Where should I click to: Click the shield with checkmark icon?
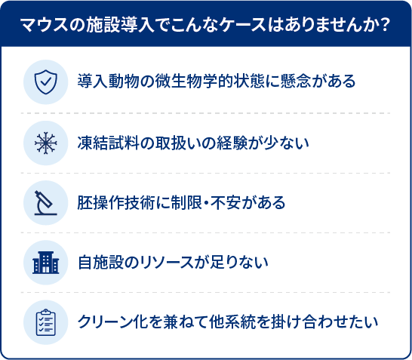pyautogui.click(x=46, y=82)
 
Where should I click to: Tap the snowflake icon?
pyautogui.click(x=46, y=143)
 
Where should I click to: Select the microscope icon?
pyautogui.click(x=46, y=203)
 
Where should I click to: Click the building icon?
pyautogui.click(x=46, y=263)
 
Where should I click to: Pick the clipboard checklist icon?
pyautogui.click(x=46, y=322)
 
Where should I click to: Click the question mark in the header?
pyautogui.click(x=385, y=26)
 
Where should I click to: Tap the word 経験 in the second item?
pyautogui.click(x=232, y=143)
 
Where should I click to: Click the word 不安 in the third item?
pyautogui.click(x=226, y=203)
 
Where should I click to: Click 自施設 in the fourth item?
pyautogui.click(x=100, y=263)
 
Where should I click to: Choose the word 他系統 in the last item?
pyautogui.click(x=232, y=322)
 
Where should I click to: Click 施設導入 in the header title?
pyautogui.click(x=120, y=26)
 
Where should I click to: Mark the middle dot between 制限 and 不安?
pyautogui.click(x=207, y=203)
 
